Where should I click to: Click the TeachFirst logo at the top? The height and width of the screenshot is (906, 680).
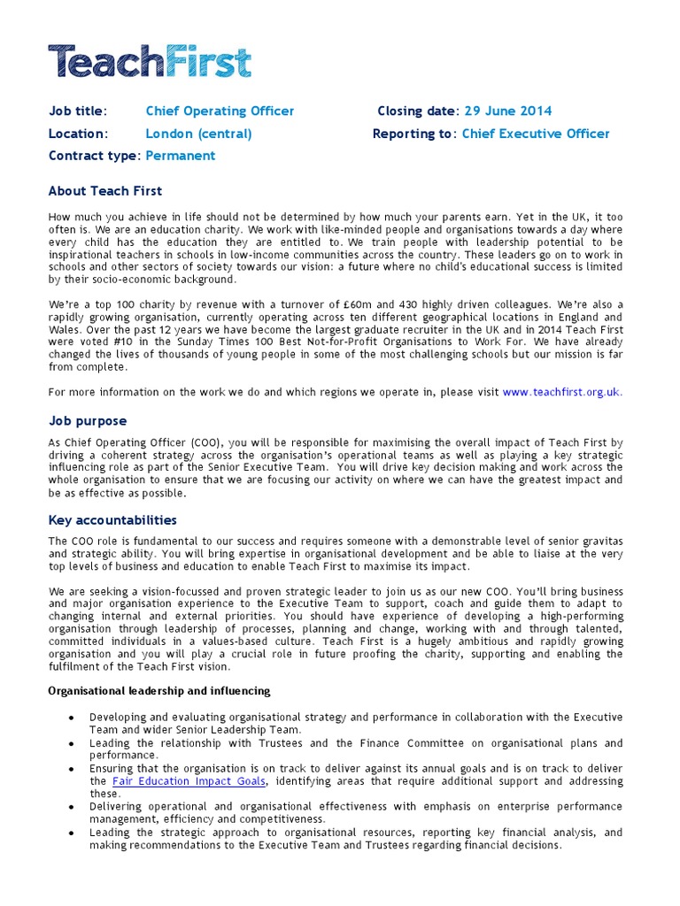(x=150, y=61)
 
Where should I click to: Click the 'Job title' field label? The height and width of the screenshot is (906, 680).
(x=77, y=111)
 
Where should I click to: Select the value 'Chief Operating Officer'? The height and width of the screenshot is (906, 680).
(x=220, y=111)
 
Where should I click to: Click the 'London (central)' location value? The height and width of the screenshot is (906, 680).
(x=198, y=134)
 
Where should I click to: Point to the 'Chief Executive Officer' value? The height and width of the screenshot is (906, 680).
(x=536, y=134)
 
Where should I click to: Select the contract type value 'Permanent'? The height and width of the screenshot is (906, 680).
(x=180, y=156)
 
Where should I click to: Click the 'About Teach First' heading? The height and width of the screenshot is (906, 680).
(x=105, y=190)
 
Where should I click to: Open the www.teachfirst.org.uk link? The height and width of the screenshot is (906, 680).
(x=561, y=391)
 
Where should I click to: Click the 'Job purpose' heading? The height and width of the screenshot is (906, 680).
(x=88, y=421)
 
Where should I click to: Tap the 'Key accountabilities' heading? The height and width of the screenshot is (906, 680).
(x=112, y=520)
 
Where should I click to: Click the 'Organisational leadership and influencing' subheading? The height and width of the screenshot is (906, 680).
(x=159, y=690)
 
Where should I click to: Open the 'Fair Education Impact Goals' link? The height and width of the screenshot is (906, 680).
(x=189, y=781)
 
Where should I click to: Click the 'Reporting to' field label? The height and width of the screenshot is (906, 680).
(x=413, y=134)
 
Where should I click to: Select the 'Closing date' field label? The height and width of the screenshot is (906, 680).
(x=417, y=111)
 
